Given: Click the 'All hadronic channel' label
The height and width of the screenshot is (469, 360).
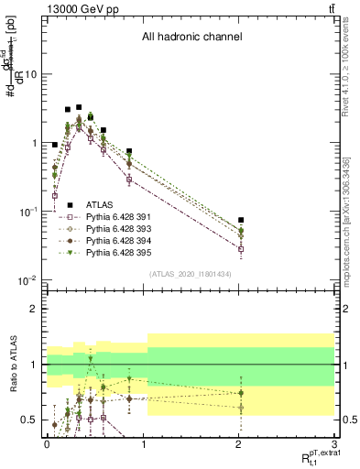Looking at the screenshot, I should (191, 38).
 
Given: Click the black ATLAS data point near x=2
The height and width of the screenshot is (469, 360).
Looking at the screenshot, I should (241, 220).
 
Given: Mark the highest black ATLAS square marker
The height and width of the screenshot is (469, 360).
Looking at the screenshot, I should (79, 107).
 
